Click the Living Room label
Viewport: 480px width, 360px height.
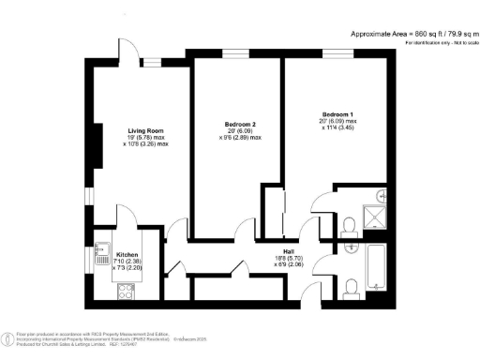coord(147,130)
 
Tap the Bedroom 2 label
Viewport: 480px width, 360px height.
coord(241,123)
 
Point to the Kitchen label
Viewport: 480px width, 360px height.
coord(127,254)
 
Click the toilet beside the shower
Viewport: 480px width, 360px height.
coord(349,225)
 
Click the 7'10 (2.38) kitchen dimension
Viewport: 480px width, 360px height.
coord(127,262)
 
